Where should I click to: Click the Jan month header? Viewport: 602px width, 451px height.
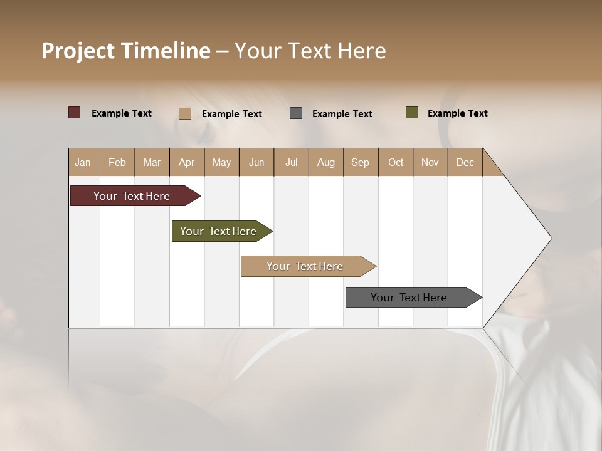(x=83, y=162)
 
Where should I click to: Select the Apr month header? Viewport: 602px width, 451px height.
(x=186, y=162)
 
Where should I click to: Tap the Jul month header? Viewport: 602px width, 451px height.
(x=291, y=162)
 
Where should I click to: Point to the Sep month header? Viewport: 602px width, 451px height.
(x=360, y=162)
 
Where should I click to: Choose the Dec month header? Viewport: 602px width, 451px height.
(x=465, y=162)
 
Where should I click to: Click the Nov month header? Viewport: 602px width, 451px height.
(x=430, y=162)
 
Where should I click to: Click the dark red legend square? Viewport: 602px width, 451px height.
(x=74, y=113)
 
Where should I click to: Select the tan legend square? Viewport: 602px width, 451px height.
(x=184, y=113)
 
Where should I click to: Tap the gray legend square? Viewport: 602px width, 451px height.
(x=295, y=113)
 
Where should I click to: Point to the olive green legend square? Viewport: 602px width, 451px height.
(x=411, y=113)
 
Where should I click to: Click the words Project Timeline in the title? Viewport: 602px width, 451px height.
(x=125, y=51)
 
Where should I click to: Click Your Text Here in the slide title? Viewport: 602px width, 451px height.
(x=310, y=51)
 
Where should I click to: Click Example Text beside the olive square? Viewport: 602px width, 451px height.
(x=457, y=113)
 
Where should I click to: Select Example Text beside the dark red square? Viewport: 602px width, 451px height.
(x=121, y=113)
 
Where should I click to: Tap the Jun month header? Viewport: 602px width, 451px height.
(x=256, y=162)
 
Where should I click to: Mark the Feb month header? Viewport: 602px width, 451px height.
(x=117, y=162)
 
